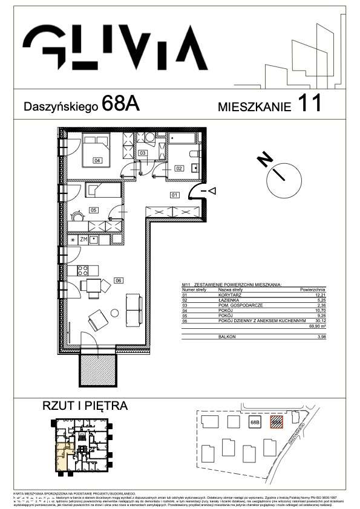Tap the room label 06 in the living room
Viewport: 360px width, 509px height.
(119, 280)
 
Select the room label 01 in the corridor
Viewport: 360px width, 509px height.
(174, 195)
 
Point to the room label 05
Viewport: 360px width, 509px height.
(93, 210)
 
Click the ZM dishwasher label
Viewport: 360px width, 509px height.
(84, 240)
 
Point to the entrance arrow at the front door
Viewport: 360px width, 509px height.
(212, 191)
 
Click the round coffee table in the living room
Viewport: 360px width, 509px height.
(114, 313)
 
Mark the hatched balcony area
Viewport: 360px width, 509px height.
(98, 368)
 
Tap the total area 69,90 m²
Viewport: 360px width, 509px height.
(317, 325)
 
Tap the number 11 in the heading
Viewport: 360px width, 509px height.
(309, 105)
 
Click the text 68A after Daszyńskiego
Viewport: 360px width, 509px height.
(121, 104)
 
